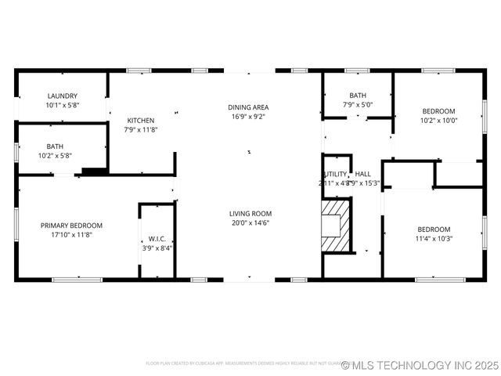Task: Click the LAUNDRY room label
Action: click(63, 96)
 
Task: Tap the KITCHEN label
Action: click(141, 121)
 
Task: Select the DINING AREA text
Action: click(249, 107)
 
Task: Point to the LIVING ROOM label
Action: click(250, 214)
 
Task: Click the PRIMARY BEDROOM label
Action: click(71, 226)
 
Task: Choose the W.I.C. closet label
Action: click(157, 239)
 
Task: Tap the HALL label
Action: click(363, 174)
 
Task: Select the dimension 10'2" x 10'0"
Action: click(438, 121)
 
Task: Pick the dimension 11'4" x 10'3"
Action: click(434, 238)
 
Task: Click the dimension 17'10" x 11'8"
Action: click(71, 234)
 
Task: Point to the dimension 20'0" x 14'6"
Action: click(250, 223)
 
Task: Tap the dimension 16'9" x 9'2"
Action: click(249, 117)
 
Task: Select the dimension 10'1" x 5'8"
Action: click(63, 105)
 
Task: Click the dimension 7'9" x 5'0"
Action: click(358, 105)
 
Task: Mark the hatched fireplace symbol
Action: click(335, 226)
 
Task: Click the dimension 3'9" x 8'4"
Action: click(157, 248)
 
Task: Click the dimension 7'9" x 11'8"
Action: click(141, 130)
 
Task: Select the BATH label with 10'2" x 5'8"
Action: click(56, 146)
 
